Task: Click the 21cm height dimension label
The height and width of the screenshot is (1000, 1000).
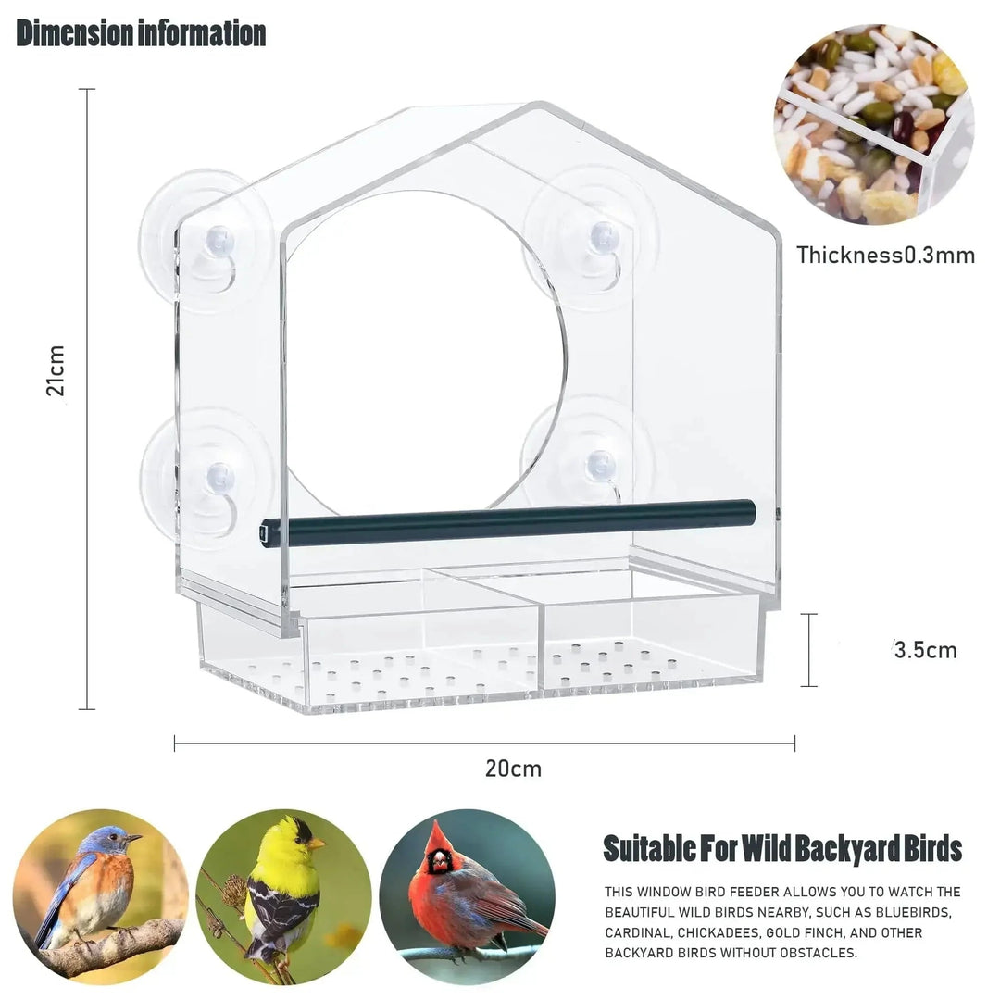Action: click(x=56, y=369)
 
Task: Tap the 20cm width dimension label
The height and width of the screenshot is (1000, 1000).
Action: click(x=513, y=769)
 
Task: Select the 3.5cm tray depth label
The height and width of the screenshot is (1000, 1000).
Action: click(x=925, y=650)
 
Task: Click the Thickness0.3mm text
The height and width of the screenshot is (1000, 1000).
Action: click(x=886, y=256)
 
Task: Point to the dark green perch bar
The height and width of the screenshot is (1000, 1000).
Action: click(x=508, y=522)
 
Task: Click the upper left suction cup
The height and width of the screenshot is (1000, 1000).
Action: click(x=206, y=241)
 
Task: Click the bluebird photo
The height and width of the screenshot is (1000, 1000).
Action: click(x=101, y=896)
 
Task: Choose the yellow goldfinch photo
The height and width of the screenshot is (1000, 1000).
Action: click(x=283, y=896)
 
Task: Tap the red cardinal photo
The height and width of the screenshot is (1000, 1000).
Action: click(x=467, y=896)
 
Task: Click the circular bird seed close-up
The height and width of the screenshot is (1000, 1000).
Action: click(x=874, y=124)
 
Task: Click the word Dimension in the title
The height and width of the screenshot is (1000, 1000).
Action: click(x=75, y=33)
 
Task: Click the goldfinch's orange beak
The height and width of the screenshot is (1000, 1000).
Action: click(x=316, y=844)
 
